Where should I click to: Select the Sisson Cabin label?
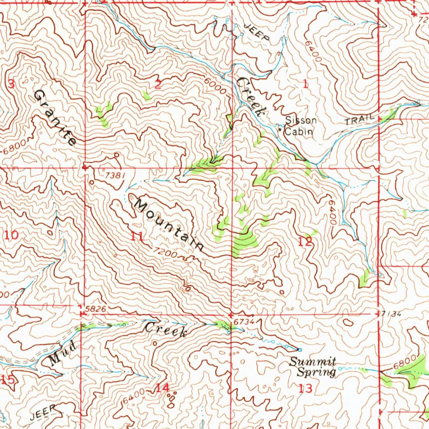coord(300,126)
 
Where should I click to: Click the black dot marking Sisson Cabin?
coord(280,129)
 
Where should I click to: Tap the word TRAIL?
coord(359,120)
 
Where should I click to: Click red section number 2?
coord(158,85)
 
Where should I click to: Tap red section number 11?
coord(137,236)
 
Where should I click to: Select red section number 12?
coord(305,242)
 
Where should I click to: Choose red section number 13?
coord(305,389)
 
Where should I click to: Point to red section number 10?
coord(12,235)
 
